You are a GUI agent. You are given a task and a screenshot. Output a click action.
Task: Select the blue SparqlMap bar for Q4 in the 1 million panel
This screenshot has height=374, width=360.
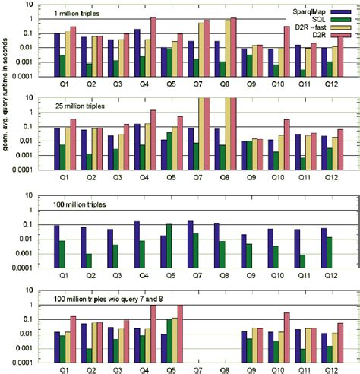(137, 53)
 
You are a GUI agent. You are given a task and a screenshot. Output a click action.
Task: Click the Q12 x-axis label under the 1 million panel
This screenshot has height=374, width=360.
(329, 87)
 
